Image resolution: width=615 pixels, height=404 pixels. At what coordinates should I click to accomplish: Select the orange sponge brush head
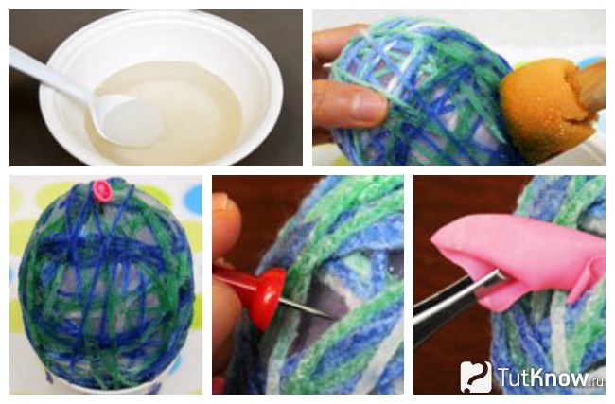tap(528, 111)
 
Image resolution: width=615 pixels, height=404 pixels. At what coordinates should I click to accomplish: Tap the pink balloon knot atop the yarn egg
tap(103, 189)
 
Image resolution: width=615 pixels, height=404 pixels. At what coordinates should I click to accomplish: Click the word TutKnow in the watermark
tap(544, 377)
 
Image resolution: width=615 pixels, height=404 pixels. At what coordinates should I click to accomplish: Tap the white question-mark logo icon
tap(476, 377)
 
